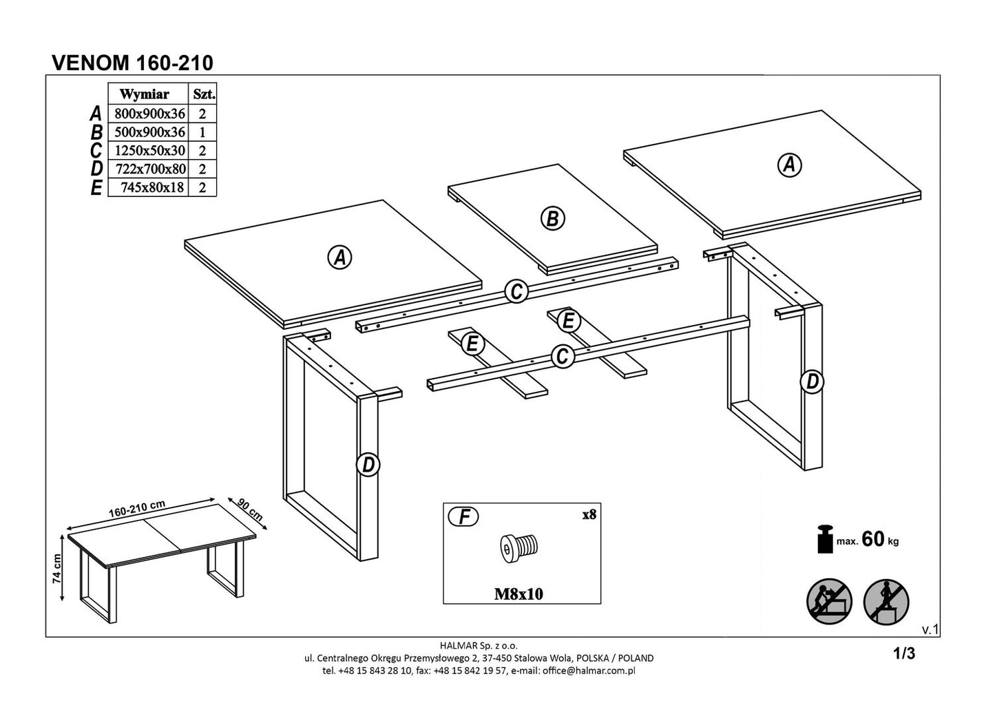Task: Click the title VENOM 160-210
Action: [x=133, y=63]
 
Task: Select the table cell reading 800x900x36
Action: [x=149, y=114]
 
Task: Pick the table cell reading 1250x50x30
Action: [x=149, y=150]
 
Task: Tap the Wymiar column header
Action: [x=145, y=94]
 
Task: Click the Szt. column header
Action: [x=204, y=94]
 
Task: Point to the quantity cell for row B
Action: [x=202, y=132]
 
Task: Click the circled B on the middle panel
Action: [x=552, y=218]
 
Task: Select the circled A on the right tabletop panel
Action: [x=789, y=165]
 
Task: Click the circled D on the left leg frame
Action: [x=368, y=465]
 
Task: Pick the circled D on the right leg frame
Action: [x=813, y=381]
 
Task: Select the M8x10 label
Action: [x=519, y=594]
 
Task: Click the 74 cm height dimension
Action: [x=58, y=569]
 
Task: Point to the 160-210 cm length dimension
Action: [x=138, y=508]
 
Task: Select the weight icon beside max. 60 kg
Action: [x=824, y=539]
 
